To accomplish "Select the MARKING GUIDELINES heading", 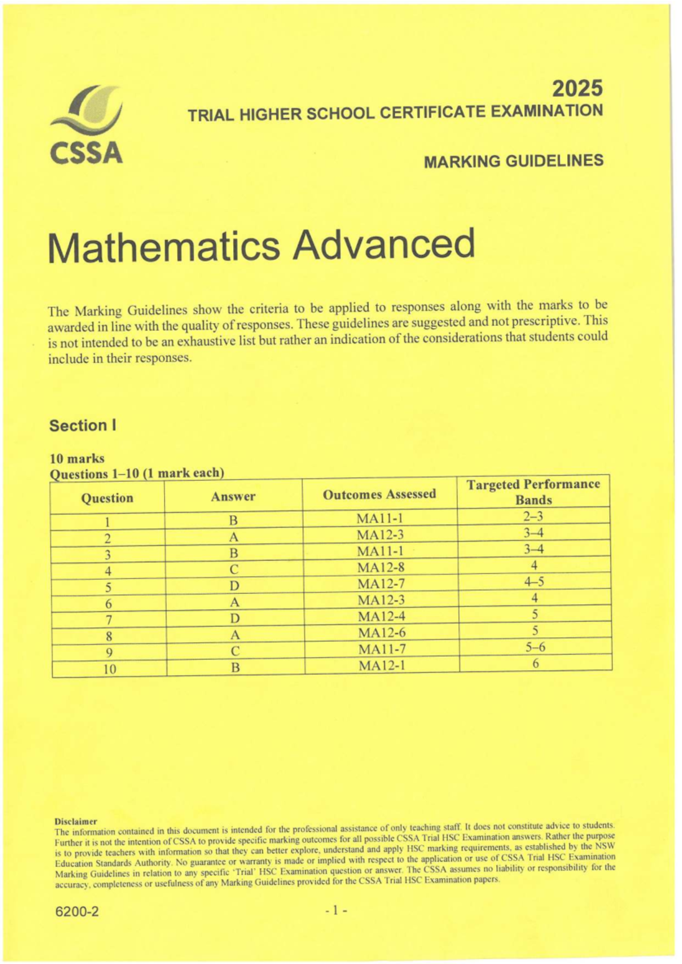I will pos(513,161).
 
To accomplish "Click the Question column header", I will pos(107,498).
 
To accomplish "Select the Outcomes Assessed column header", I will pos(379,495).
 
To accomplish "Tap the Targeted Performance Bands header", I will pos(533,492).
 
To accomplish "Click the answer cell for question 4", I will pos(234,570).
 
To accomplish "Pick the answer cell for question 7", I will pos(235,618).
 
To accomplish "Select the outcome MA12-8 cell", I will pos(380,567).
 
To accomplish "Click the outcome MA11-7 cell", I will pos(381,649).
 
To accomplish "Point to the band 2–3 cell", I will pos(533,517).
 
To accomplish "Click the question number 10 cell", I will pos(110,669).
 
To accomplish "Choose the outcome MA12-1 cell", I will pos(382,666).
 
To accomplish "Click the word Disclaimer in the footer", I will pos(76,821).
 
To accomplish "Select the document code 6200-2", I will pos(77,912).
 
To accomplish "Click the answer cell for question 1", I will pos(233,521).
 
